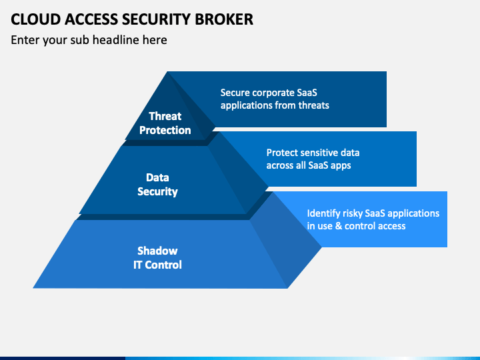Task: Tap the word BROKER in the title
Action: pyautogui.click(x=224, y=19)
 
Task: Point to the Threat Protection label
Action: pyautogui.click(x=165, y=123)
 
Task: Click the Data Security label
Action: pyautogui.click(x=157, y=184)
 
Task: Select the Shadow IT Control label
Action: pyautogui.click(x=157, y=258)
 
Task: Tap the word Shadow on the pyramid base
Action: pyautogui.click(x=157, y=251)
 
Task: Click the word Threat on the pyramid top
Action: pyautogui.click(x=165, y=116)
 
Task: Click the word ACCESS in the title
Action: pyautogui.click(x=91, y=19)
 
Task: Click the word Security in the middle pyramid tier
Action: pyautogui.click(x=157, y=191)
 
